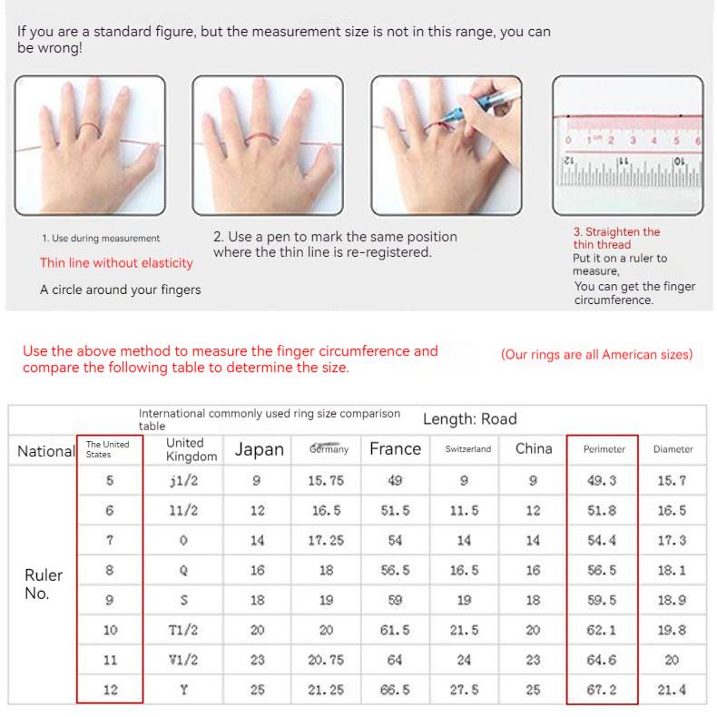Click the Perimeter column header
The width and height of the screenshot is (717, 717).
point(604,449)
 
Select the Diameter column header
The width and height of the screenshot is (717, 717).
point(673,449)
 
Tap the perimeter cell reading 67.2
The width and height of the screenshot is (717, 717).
point(602,690)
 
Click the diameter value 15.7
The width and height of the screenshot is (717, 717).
point(672,481)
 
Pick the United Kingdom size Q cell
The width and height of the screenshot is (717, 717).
point(183,571)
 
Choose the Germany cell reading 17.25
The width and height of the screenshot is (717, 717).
point(326,541)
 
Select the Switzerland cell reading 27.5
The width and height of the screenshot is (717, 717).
point(464,690)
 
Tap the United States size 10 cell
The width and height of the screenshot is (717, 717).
point(110,630)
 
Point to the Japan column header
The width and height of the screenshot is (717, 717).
point(259,449)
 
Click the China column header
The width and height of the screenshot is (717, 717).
point(533,448)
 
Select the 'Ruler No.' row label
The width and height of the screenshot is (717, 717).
point(43,584)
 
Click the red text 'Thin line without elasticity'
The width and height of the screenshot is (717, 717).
point(116,263)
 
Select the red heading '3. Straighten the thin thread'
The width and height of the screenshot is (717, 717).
point(616,238)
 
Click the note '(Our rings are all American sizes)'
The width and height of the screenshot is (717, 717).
point(596,355)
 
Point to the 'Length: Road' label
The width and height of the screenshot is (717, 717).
point(469,419)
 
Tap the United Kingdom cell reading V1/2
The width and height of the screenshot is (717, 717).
point(183,660)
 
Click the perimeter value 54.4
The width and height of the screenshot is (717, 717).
point(602,541)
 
